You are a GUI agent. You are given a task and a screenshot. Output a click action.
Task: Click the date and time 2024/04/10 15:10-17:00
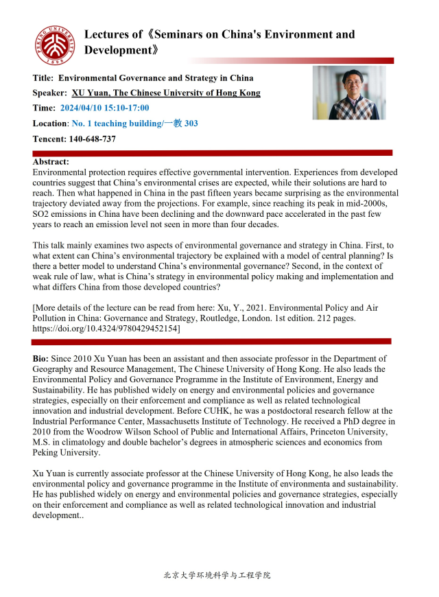104,108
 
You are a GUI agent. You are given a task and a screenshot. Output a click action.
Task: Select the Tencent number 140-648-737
92,139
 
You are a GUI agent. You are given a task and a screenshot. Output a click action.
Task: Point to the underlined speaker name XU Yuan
90,93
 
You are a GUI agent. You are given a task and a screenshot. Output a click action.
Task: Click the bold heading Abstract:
51,162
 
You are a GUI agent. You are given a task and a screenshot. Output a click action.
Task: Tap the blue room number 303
191,124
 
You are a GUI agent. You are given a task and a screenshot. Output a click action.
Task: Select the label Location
50,124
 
